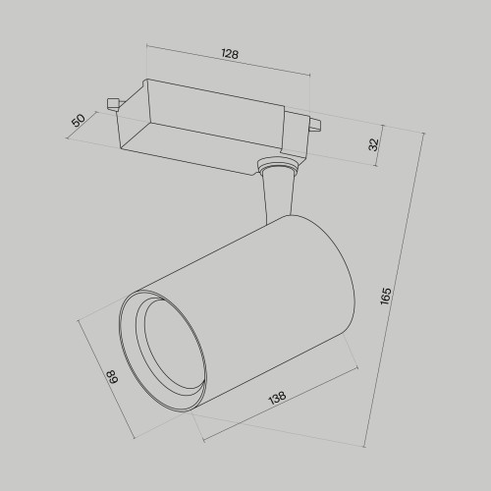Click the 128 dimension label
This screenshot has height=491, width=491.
click(x=230, y=55)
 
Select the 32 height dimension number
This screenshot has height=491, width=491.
click(x=373, y=143)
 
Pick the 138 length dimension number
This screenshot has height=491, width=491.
click(x=277, y=399)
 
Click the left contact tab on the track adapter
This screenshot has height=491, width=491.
click(x=113, y=100)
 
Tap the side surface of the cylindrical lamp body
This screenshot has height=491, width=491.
click(x=245, y=295)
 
